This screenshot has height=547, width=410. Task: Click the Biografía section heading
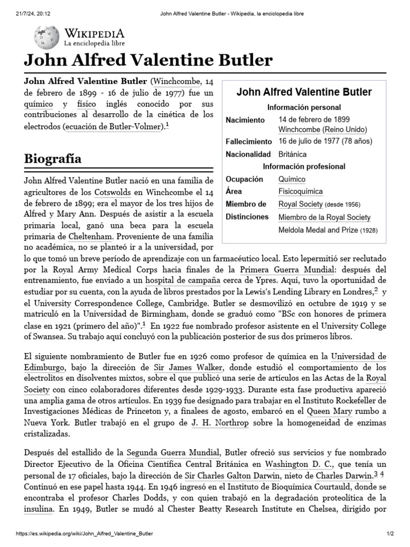(x=53, y=159)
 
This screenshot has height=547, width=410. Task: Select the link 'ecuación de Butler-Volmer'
(x=112, y=127)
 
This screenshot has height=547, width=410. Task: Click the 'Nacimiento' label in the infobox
(x=245, y=120)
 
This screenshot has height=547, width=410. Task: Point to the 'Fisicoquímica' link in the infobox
(x=301, y=191)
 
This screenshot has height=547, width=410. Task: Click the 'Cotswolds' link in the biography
(x=112, y=192)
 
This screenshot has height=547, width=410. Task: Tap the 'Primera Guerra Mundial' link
(x=282, y=268)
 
